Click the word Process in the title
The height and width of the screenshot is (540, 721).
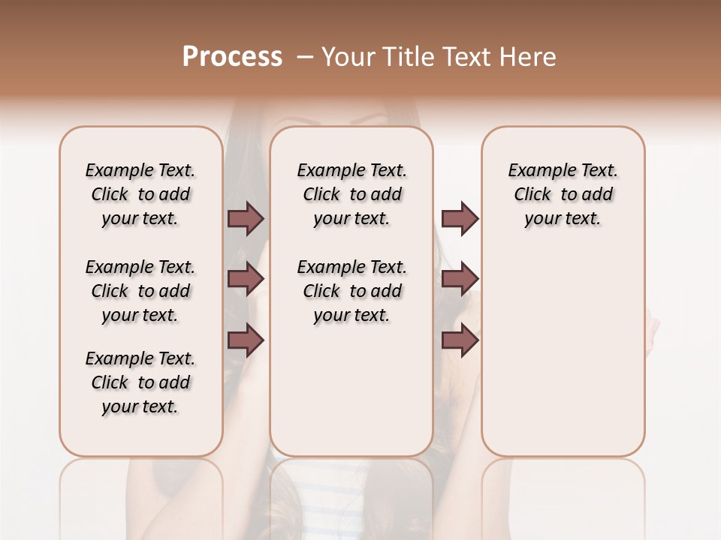232,57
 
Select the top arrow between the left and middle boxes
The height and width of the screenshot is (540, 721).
246,218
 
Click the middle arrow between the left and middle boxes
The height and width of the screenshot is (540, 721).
246,279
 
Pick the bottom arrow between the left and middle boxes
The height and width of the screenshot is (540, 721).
246,340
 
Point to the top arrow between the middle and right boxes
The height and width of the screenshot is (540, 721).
460,218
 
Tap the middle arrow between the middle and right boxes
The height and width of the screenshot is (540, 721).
460,279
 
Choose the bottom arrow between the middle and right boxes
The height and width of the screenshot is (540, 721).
460,340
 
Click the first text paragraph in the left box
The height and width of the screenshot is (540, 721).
140,194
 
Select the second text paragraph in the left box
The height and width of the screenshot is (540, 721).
140,291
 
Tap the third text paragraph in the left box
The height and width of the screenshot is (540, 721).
140,382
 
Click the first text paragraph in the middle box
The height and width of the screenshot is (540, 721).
351,194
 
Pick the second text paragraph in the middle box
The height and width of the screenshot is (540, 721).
351,291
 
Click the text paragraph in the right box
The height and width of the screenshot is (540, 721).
563,194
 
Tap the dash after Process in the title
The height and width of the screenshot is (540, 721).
305,57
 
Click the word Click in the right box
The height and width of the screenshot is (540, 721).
532,195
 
